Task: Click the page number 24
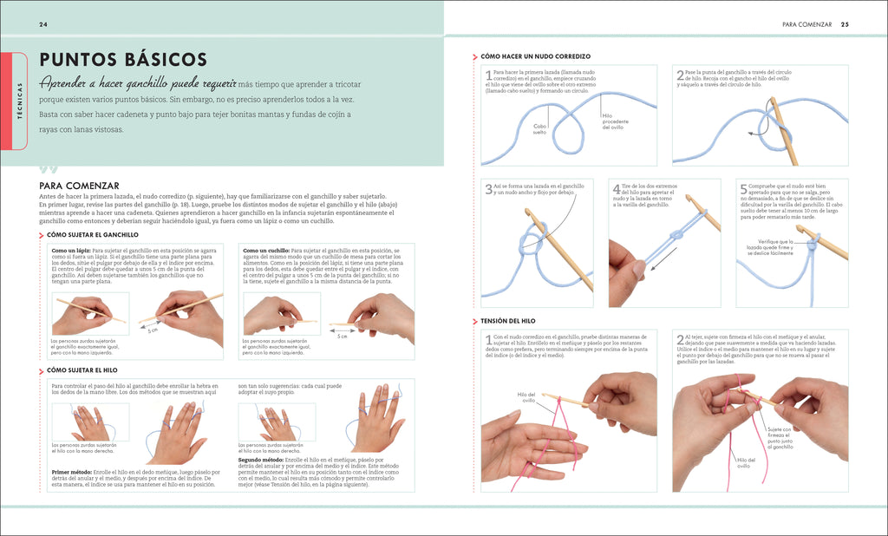coord(42,24)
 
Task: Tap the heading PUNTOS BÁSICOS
coord(122,59)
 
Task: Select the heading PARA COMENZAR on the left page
coord(79,186)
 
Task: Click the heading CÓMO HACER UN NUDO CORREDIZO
coord(536,56)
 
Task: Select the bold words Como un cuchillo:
coord(267,251)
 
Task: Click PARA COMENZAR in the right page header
coord(806,24)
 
